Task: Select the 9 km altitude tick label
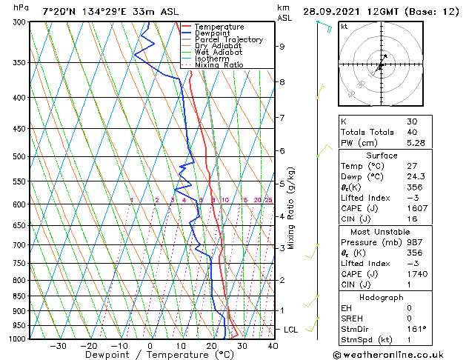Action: point(282,47)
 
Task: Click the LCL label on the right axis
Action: point(292,329)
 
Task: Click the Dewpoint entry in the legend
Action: point(212,33)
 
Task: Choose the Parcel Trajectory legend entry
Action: point(228,40)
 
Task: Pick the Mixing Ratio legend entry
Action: point(219,65)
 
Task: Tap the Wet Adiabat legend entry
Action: point(219,53)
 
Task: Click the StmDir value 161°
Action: point(416,329)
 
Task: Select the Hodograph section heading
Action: point(387,296)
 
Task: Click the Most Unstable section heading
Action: point(387,231)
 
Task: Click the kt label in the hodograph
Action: point(344,27)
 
